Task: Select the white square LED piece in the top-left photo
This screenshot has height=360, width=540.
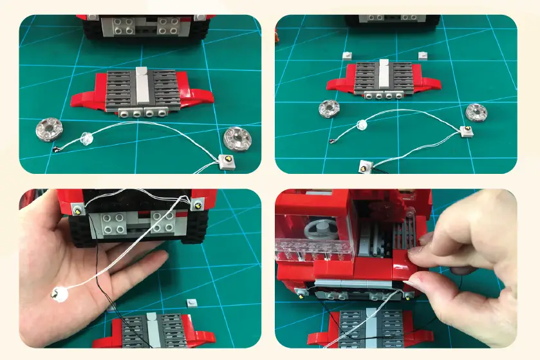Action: coord(226,161)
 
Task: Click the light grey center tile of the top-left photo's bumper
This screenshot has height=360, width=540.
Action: coord(142,86)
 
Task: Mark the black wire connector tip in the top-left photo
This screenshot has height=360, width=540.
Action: coord(56,149)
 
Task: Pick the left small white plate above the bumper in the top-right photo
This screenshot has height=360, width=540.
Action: coord(348,55)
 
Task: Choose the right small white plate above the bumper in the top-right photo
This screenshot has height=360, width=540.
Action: coord(423,55)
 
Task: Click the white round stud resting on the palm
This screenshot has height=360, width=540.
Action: coord(59,294)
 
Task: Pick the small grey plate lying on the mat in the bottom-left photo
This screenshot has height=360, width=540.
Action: coord(191,301)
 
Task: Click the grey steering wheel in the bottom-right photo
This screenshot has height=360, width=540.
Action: coord(320,231)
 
